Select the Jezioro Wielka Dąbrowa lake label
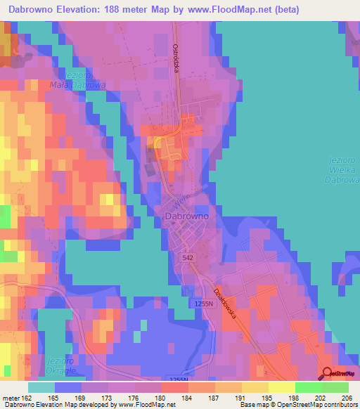tap(342, 169)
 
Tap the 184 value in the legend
tap(173, 398)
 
